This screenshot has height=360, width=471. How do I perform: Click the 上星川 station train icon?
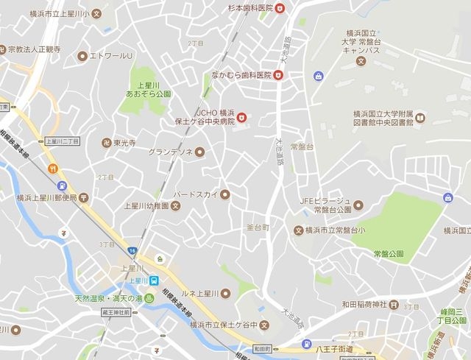click(x=154, y=280)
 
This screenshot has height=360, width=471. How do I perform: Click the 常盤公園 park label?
click(x=389, y=254)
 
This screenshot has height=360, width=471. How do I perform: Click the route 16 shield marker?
click(x=132, y=250)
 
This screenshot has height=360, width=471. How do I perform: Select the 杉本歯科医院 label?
click(x=246, y=7)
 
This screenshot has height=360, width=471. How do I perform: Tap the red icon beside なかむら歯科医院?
click(x=278, y=74)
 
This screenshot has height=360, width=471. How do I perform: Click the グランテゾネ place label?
click(x=170, y=152)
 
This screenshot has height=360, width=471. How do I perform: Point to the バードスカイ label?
click(x=196, y=194)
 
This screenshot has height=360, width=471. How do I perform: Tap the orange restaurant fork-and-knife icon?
click(x=53, y=169)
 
